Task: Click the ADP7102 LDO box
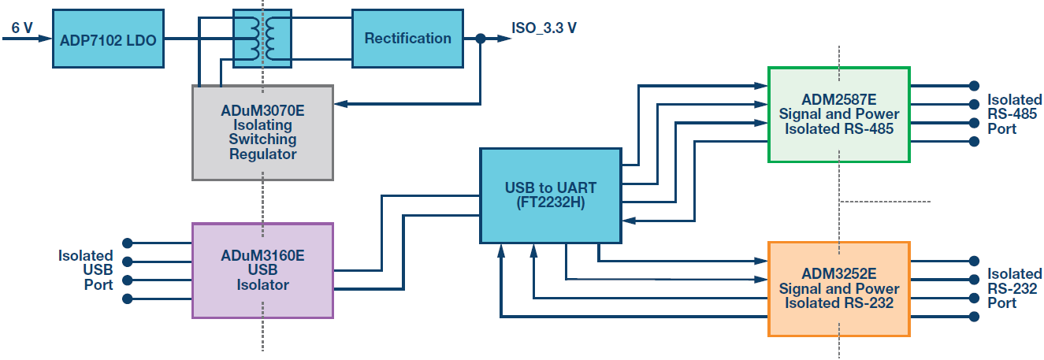108,39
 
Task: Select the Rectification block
407,39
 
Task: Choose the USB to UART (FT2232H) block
550,195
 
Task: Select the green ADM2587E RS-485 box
838,114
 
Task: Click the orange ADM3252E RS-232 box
838,289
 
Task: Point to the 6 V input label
22,28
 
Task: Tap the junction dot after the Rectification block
481,38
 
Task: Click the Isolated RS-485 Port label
1015,114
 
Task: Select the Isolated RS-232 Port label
1015,288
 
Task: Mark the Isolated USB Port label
86,270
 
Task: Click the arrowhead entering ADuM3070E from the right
340,103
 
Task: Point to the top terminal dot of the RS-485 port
974,86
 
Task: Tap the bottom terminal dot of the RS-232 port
974,317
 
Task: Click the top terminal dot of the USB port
127,243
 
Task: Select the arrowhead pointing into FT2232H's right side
627,222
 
